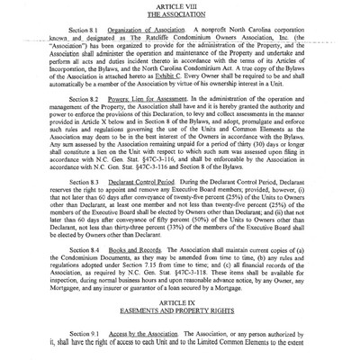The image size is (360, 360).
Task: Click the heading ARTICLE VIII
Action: pos(179,5)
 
